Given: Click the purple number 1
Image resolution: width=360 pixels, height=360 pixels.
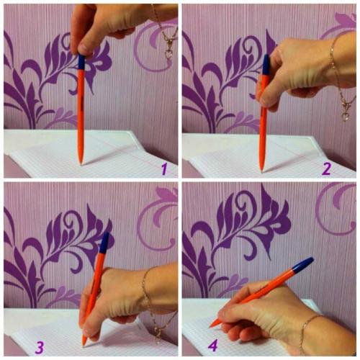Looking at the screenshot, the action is click(x=164, y=169).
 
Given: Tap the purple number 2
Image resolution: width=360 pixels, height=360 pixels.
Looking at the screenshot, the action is click(x=327, y=169).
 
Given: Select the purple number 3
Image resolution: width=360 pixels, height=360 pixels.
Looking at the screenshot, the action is click(x=40, y=347).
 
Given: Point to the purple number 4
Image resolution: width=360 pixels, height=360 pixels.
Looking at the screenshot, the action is click(x=213, y=346).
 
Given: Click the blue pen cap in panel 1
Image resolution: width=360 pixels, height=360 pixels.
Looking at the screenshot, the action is click(x=82, y=62).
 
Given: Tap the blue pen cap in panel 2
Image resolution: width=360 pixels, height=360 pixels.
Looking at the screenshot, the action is click(x=266, y=64).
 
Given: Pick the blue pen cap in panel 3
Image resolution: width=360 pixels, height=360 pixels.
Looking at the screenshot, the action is click(x=104, y=243).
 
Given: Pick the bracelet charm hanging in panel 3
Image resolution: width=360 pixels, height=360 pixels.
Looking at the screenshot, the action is click(x=158, y=335).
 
